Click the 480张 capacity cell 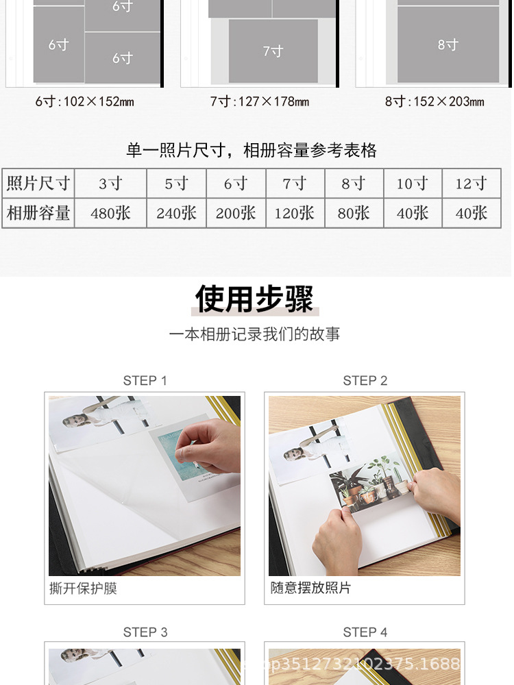click(x=110, y=213)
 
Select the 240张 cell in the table click(x=177, y=213)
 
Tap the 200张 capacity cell click(x=236, y=213)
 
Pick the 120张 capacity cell click(x=295, y=213)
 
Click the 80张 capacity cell click(x=354, y=213)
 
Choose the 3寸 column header click(x=110, y=184)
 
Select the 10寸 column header click(x=413, y=184)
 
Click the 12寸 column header click(x=472, y=184)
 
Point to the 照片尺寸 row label click(x=38, y=184)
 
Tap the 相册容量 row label click(x=38, y=213)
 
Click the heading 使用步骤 click(x=254, y=299)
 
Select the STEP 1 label click(x=145, y=381)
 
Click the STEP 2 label click(x=365, y=381)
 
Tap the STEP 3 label click(x=145, y=632)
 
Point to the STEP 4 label click(x=365, y=632)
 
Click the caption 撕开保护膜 click(x=84, y=588)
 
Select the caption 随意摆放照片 click(x=310, y=588)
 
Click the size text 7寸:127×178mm click(x=260, y=102)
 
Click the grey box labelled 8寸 click(x=448, y=45)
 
